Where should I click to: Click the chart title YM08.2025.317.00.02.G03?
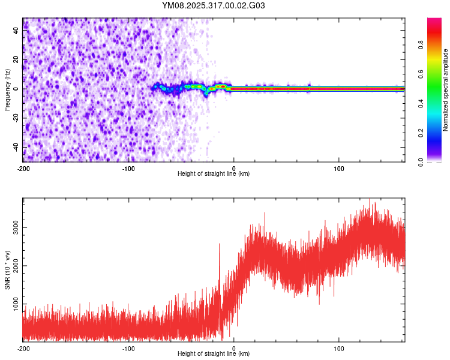(214, 6)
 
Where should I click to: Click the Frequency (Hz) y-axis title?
(7, 90)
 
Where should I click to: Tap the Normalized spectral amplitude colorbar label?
(445, 90)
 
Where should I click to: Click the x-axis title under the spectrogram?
(214, 173)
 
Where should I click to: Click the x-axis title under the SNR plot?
(214, 353)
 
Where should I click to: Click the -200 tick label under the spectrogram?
(23, 167)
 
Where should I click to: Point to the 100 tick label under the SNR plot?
(339, 348)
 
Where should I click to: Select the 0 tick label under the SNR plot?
(234, 348)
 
